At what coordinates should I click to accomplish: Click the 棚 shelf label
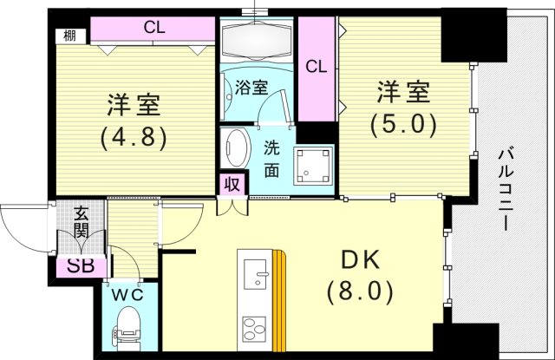(x=69, y=36)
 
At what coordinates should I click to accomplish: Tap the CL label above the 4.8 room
(x=154, y=28)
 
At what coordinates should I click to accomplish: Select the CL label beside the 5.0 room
(x=317, y=66)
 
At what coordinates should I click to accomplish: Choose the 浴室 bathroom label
(x=251, y=88)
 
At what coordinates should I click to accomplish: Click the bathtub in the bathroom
(x=259, y=40)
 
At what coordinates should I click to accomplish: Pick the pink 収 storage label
(x=232, y=183)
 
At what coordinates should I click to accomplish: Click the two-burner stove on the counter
(x=257, y=331)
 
